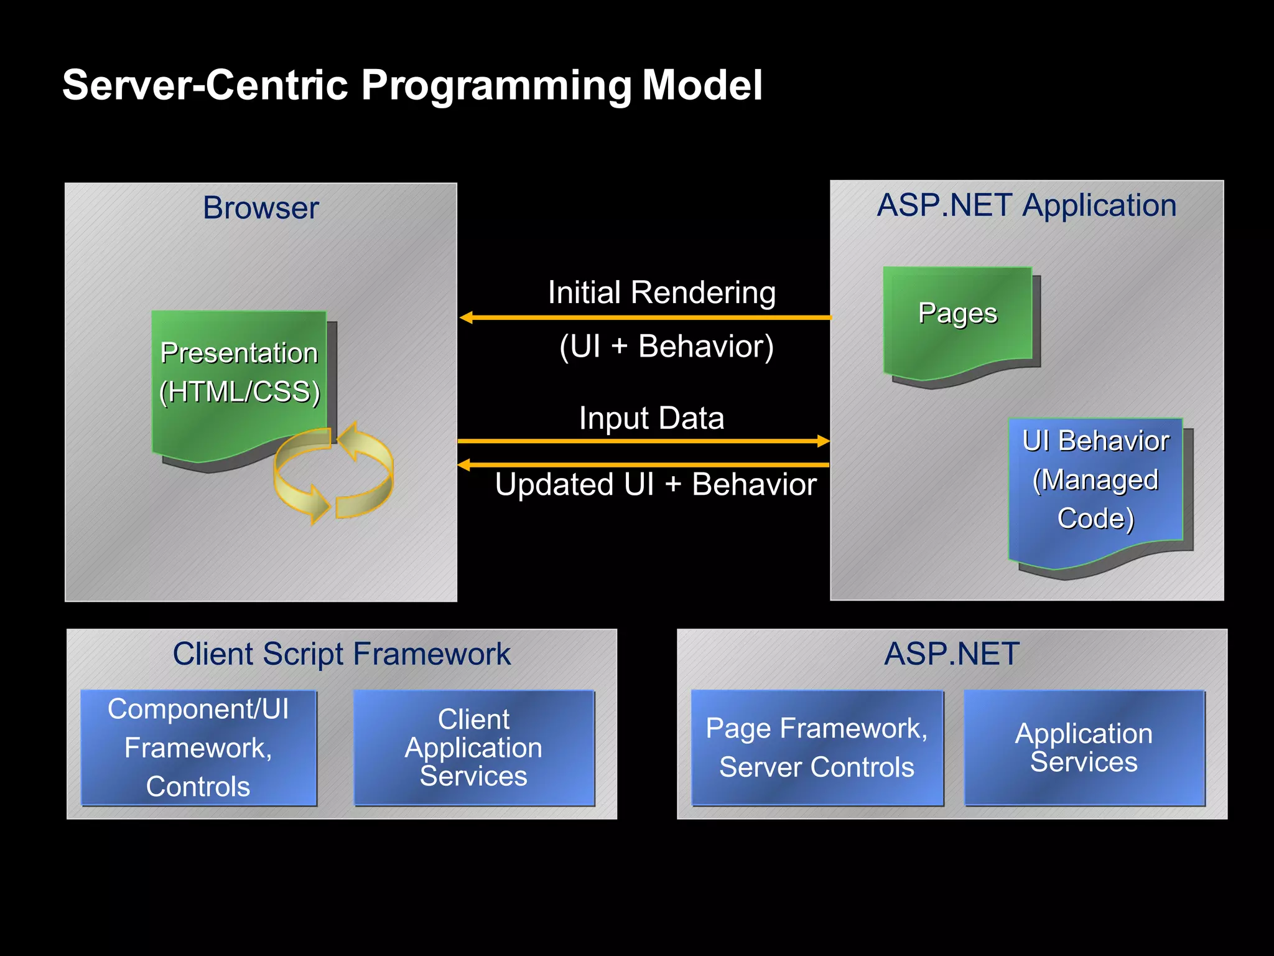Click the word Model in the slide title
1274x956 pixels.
coord(702,85)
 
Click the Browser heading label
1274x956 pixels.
coord(261,208)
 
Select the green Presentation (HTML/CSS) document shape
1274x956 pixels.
coord(239,373)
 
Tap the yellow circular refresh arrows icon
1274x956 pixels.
coord(334,473)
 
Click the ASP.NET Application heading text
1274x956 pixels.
coord(1026,205)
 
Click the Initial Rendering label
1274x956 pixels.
coord(661,293)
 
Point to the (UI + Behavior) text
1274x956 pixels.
coord(666,347)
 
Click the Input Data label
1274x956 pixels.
coord(651,418)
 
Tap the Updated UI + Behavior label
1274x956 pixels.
coord(656,485)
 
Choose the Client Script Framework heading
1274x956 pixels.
coord(342,654)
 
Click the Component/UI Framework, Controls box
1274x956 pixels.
coord(198,747)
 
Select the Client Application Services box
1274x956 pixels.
coord(473,747)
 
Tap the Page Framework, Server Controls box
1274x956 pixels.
coord(817,747)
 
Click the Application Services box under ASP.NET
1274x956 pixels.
coord(1084,747)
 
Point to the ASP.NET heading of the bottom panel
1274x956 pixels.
coord(952,654)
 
